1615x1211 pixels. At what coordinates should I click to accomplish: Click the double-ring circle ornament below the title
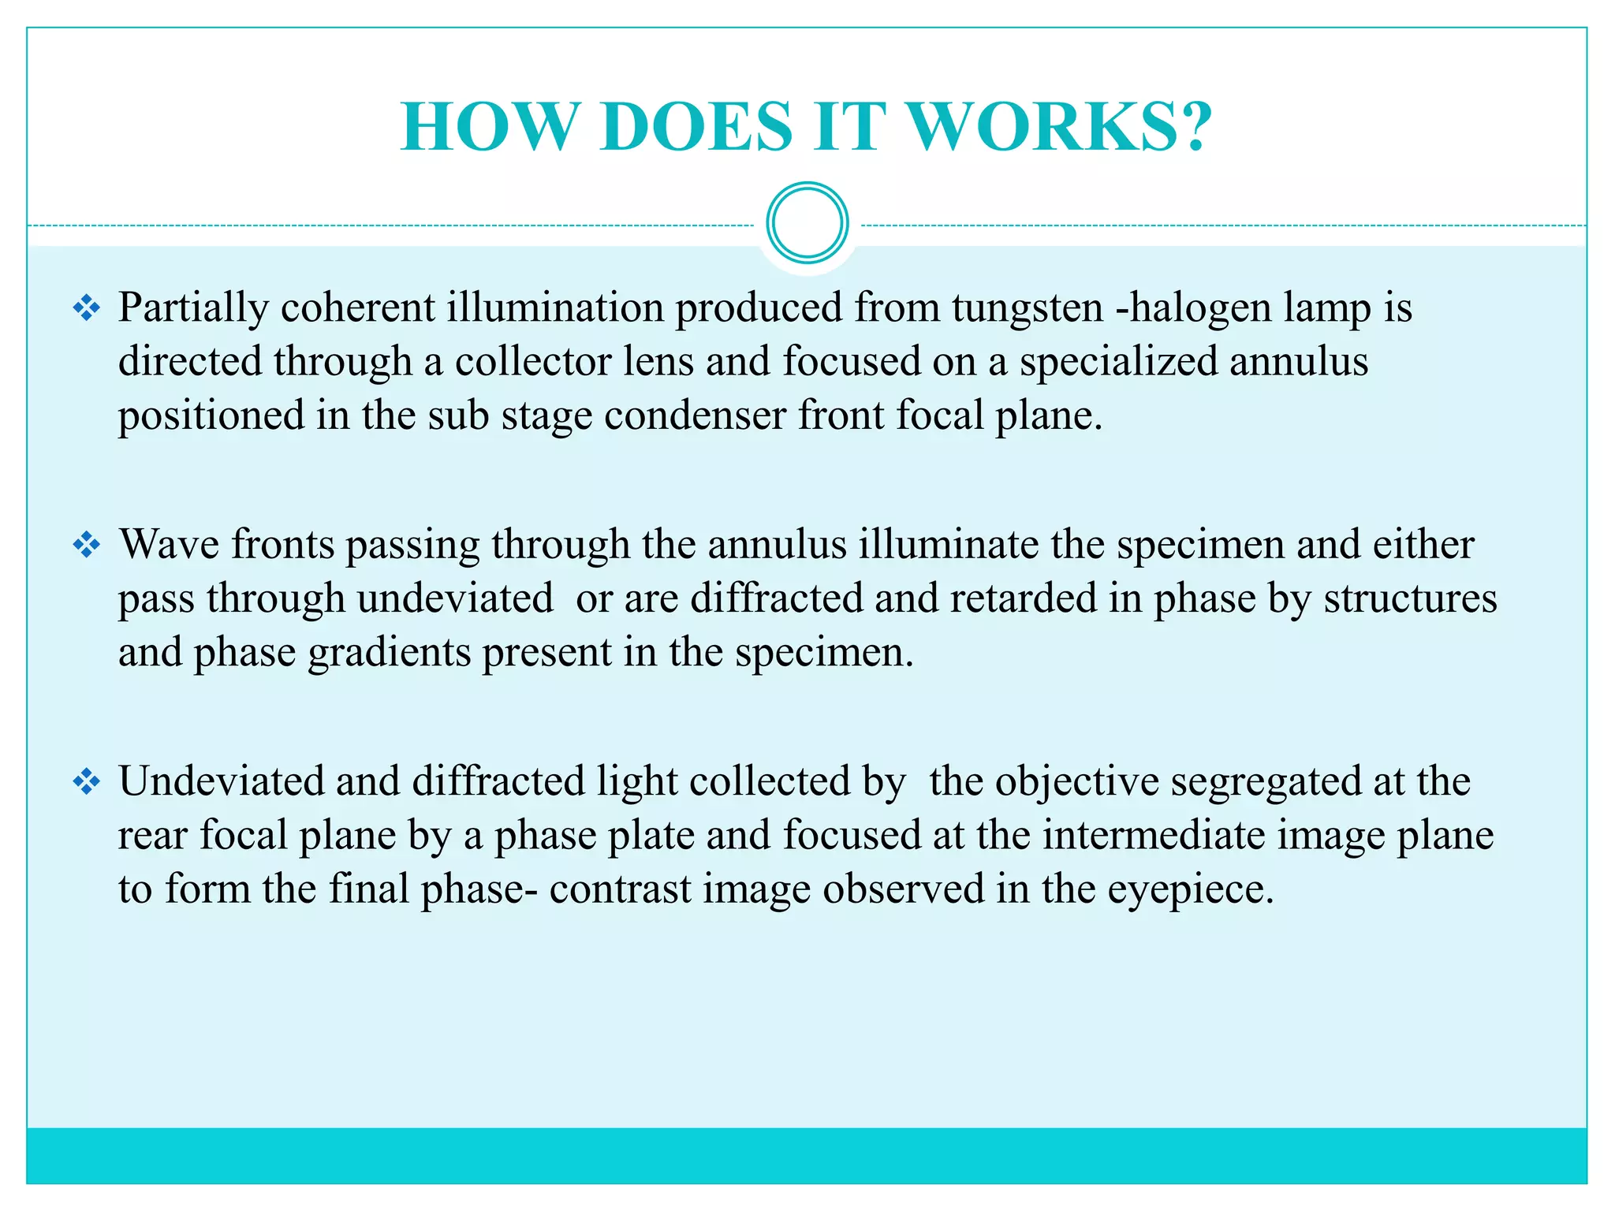807,223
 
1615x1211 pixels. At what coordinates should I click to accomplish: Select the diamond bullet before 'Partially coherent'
86,307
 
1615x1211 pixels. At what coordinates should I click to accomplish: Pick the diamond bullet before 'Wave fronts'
86,545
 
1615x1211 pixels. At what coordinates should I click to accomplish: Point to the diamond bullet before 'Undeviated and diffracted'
86,781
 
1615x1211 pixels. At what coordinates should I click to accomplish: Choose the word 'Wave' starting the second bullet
169,545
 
